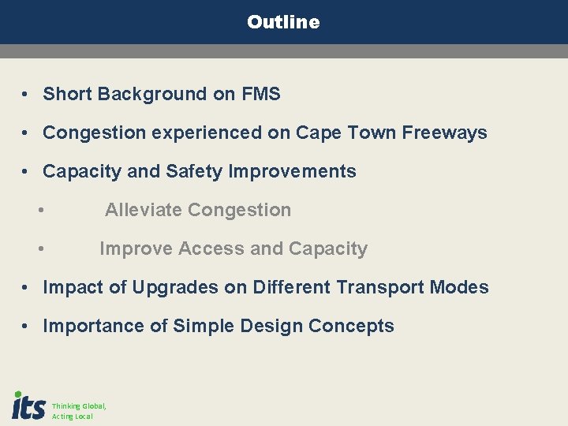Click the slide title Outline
(x=283, y=22)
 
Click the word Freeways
(x=444, y=133)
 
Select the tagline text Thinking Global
(x=79, y=405)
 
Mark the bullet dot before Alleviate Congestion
(x=40, y=211)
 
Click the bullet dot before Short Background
(x=26, y=95)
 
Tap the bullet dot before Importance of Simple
(x=26, y=327)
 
